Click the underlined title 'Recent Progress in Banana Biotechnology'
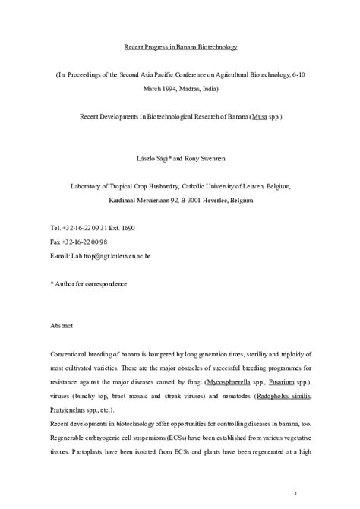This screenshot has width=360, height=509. pos(181,47)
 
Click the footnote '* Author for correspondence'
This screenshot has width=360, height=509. pos(89,284)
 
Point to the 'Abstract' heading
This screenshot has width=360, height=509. pos(62,327)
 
